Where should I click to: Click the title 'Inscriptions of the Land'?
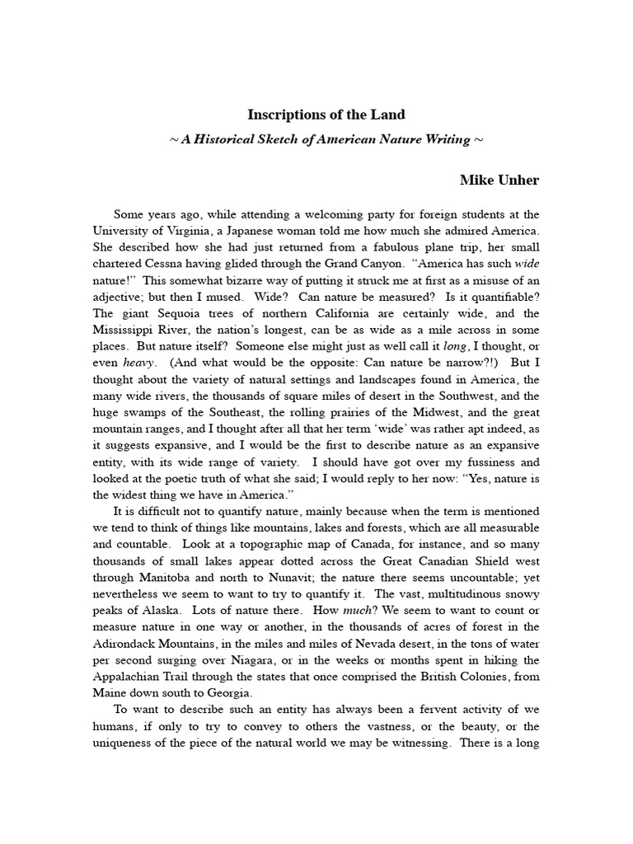326,115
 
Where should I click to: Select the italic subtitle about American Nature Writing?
326,139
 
